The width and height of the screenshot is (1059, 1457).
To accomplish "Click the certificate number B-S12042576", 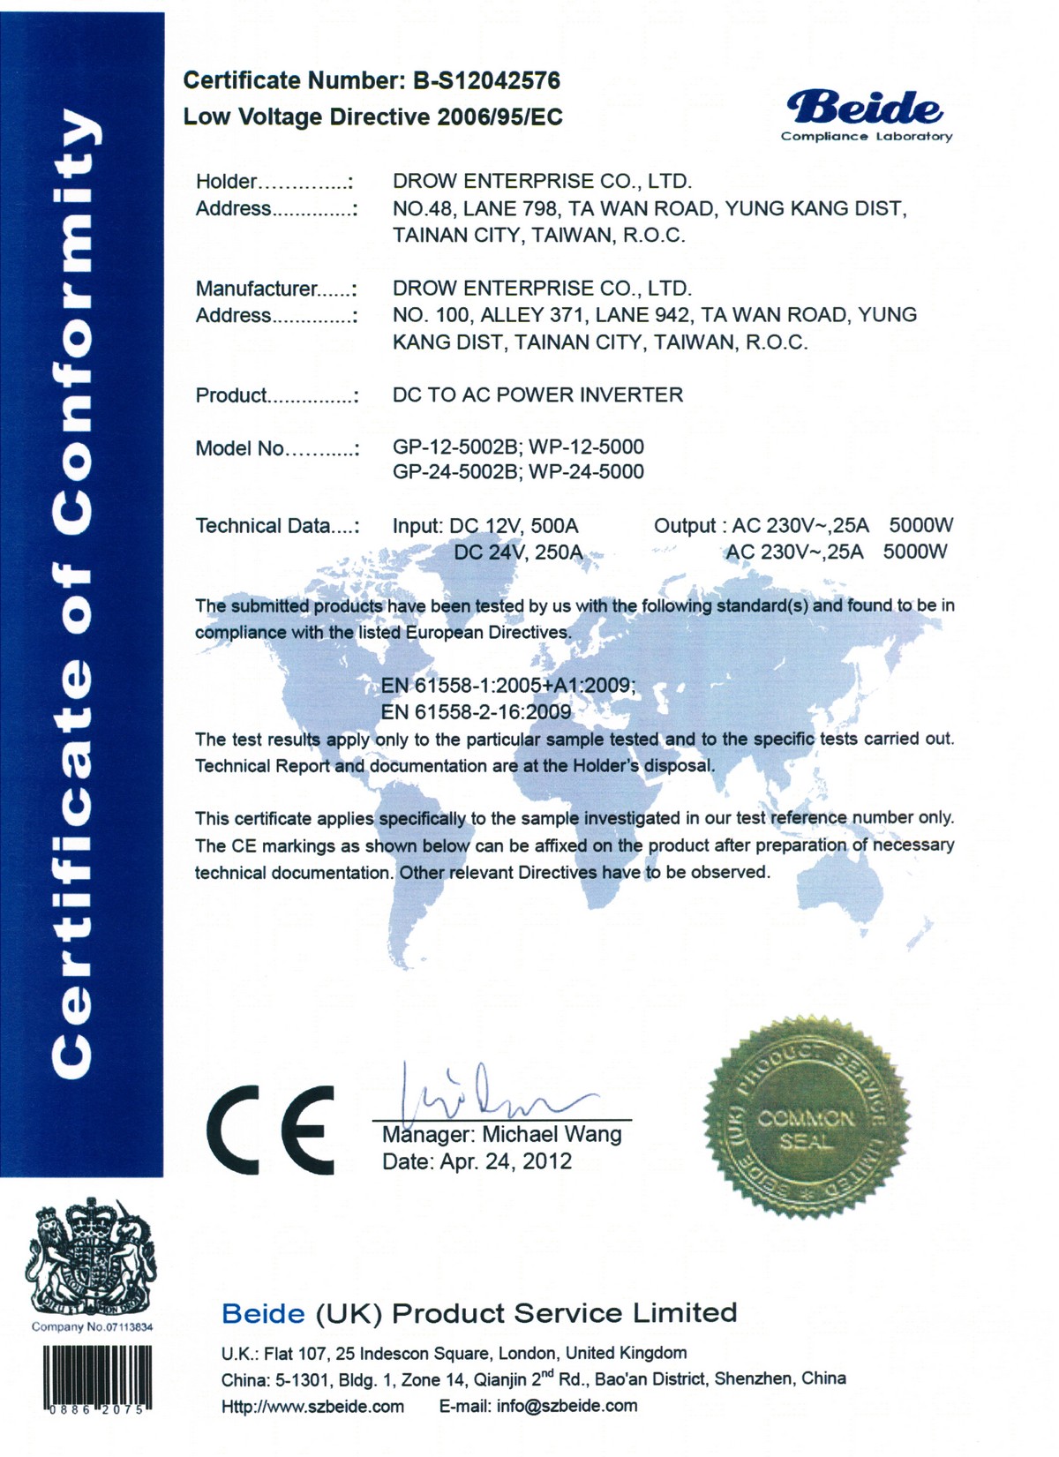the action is pyautogui.click(x=486, y=80).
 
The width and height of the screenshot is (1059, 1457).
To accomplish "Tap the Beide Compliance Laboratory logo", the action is pyautogui.click(x=866, y=116).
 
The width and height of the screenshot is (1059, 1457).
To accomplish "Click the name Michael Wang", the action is pyautogui.click(x=552, y=1135).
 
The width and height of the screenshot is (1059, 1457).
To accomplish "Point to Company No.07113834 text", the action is pyautogui.click(x=93, y=1327).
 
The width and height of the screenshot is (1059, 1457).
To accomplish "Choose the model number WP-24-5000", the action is pyautogui.click(x=586, y=472).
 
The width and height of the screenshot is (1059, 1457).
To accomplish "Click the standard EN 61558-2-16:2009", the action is pyautogui.click(x=476, y=711).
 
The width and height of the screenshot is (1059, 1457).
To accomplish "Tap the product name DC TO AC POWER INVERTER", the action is pyautogui.click(x=537, y=394).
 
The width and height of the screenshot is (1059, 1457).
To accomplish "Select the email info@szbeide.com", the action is pyautogui.click(x=567, y=1406).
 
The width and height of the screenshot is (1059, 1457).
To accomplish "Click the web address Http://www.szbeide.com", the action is pyautogui.click(x=312, y=1406).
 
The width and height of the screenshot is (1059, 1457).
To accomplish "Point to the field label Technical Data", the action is pyautogui.click(x=274, y=526).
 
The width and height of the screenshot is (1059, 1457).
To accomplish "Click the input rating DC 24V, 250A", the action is pyautogui.click(x=518, y=552).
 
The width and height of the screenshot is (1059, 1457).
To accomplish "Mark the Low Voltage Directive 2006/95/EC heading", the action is pyautogui.click(x=372, y=116).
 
